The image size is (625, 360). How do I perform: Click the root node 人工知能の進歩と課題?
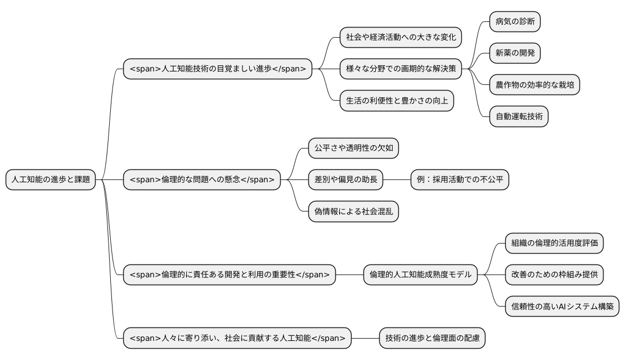pos(51,180)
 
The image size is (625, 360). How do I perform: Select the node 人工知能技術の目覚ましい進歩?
pos(218,69)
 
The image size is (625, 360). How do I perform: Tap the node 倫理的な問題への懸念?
pos(202,180)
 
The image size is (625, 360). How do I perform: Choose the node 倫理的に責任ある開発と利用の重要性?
pos(230,275)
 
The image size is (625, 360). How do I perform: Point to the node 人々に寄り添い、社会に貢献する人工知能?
pos(237,338)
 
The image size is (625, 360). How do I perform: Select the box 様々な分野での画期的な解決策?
pos(401,69)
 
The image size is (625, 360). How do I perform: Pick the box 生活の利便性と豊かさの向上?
pos(397,101)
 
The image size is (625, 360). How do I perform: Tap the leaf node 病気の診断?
pos(515,21)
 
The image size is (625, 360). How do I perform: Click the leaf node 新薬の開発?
pos(515,53)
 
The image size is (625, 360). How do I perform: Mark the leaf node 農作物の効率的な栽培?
pos(534,85)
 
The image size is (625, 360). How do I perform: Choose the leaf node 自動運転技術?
pos(519,117)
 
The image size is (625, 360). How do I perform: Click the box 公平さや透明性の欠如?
pos(353,148)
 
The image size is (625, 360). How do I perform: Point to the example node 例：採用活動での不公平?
pos(460,180)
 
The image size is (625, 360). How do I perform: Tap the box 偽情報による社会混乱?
pos(353,211)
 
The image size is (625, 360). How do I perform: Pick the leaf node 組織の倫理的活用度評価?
pos(554,243)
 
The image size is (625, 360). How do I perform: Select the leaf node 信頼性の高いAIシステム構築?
pos(561,307)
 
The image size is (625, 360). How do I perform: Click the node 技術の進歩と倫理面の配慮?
pos(432,338)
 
